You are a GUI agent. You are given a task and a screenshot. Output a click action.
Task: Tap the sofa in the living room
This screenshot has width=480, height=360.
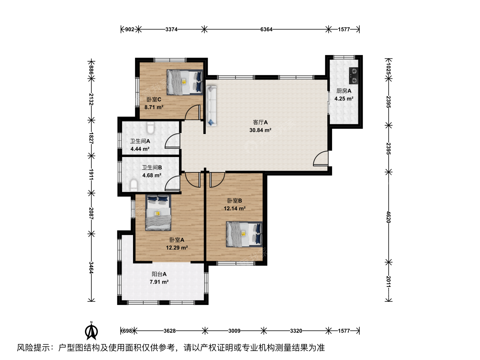(211, 106)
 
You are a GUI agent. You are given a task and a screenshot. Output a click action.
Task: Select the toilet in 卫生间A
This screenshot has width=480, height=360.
(150, 128)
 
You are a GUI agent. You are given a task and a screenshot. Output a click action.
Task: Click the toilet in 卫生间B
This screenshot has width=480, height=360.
(134, 185)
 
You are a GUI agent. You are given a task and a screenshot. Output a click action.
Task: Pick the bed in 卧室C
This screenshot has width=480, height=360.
(185, 82)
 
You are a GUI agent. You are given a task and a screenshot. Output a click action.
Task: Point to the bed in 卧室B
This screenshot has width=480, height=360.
(244, 234)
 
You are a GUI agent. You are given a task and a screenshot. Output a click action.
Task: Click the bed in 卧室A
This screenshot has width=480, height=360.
(158, 212)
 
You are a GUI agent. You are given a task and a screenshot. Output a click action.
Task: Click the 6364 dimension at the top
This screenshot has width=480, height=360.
(266, 29)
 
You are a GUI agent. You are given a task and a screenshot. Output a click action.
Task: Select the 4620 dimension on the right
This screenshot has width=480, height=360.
(388, 217)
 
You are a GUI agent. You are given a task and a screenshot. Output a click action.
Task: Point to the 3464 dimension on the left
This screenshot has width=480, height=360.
(91, 268)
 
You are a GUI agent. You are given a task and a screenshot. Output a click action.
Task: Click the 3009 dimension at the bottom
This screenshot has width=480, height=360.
(234, 331)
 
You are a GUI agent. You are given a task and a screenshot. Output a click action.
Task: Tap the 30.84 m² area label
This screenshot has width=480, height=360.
(260, 130)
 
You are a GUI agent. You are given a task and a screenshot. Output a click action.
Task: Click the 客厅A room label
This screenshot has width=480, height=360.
(260, 122)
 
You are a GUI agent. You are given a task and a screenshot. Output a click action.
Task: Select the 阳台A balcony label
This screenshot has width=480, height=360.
(159, 274)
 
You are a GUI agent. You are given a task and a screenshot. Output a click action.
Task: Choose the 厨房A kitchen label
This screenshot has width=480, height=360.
(344, 91)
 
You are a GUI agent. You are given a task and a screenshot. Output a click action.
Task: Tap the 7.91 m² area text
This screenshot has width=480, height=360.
(159, 282)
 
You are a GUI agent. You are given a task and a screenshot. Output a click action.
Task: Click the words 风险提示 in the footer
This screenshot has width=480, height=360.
(33, 348)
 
